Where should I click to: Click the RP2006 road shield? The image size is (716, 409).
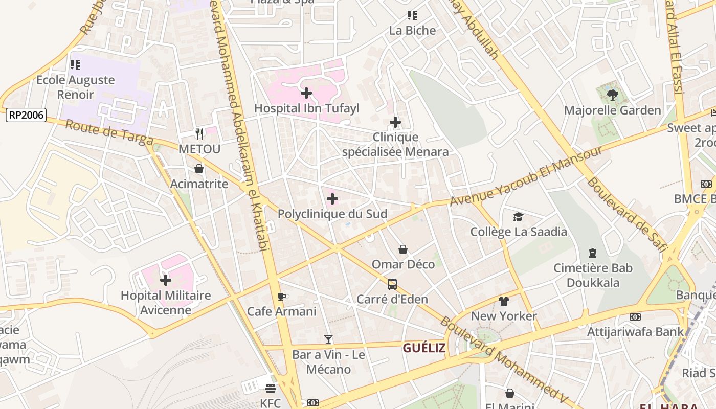pyautogui.click(x=26, y=115)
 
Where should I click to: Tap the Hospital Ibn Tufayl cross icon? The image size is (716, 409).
pyautogui.click(x=306, y=93)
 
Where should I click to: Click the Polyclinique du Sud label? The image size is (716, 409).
pyautogui.click(x=332, y=214)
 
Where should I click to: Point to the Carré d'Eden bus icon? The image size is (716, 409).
pyautogui.click(x=392, y=284)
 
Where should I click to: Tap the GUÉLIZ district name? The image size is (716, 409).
pyautogui.click(x=424, y=348)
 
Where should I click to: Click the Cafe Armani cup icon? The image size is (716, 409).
pyautogui.click(x=281, y=297)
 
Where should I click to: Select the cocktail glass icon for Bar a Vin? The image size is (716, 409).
pyautogui.click(x=328, y=339)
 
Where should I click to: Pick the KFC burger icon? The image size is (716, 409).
pyautogui.click(x=271, y=389)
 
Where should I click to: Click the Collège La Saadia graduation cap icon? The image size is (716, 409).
pyautogui.click(x=519, y=217)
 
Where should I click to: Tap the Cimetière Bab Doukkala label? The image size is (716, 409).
pyautogui.click(x=593, y=275)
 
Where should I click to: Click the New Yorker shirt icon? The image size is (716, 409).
pyautogui.click(x=504, y=302)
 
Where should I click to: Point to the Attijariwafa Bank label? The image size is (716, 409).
pyautogui.click(x=635, y=332)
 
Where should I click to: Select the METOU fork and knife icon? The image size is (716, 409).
pyautogui.click(x=199, y=134)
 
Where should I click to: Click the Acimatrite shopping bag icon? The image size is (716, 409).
pyautogui.click(x=199, y=169)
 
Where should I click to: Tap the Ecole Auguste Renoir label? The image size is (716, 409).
pyautogui.click(x=76, y=87)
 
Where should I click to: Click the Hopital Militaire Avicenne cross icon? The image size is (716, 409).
pyautogui.click(x=166, y=280)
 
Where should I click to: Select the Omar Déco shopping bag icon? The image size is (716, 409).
pyautogui.click(x=403, y=249)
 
